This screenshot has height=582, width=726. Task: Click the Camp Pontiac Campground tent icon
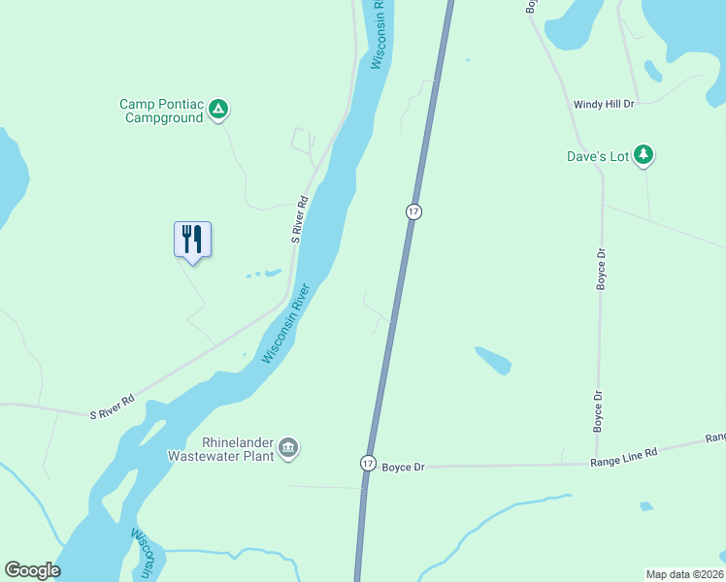coord(219,110)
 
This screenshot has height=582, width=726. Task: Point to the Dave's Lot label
coord(598,155)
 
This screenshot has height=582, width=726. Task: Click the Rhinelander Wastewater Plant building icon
coord(288,447)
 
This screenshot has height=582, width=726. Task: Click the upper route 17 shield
coord(413,211)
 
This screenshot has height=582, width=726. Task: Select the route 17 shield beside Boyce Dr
coord(367,464)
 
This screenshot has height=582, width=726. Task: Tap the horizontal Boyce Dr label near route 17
coord(403,466)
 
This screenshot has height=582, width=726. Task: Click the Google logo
coord(32,570)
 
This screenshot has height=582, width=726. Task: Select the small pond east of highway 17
coord(493,360)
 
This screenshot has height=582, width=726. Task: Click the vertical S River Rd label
coord(299,220)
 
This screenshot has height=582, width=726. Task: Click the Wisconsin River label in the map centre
coord(285,324)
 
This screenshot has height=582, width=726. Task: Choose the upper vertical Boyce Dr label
coord(601,269)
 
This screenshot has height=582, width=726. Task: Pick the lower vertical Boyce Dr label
coord(597,410)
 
